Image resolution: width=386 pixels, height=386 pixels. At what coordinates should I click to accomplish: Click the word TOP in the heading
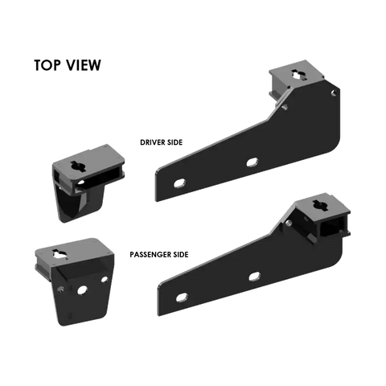pos(47,65)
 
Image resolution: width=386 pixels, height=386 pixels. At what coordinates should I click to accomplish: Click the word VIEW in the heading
pos(84,65)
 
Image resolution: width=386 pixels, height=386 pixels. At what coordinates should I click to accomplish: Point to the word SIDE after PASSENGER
pos(181,254)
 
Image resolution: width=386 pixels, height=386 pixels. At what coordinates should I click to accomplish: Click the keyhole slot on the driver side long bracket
pos(298,75)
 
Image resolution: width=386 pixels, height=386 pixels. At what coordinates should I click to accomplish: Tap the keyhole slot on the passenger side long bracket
pos(320,205)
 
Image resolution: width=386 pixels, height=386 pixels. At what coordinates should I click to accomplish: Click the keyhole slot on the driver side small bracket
pos(78,166)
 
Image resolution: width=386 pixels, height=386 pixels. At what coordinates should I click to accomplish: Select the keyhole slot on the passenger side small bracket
pos(60,254)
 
